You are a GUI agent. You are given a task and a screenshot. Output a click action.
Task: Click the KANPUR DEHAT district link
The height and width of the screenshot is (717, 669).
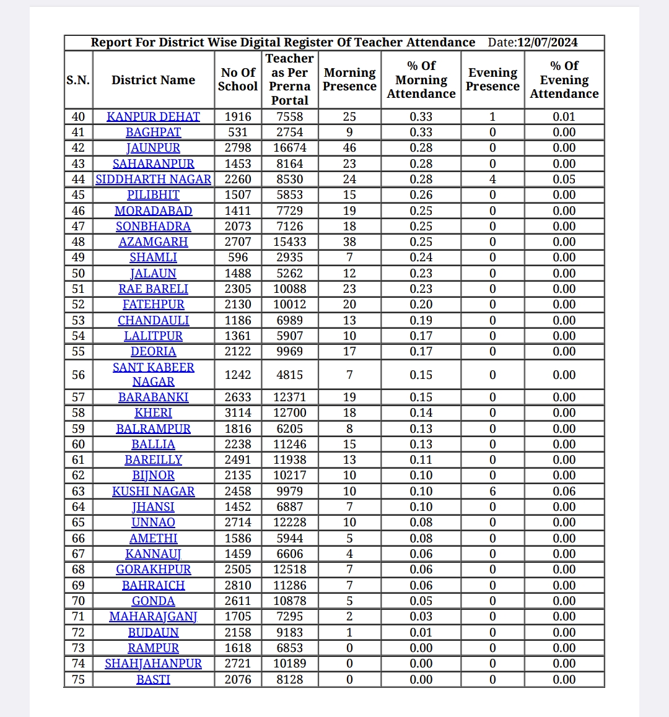point(153,116)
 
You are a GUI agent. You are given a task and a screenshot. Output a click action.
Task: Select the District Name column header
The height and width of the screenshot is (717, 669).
point(153,80)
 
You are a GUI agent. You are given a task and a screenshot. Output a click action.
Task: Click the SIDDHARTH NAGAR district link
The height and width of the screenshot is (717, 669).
point(153,179)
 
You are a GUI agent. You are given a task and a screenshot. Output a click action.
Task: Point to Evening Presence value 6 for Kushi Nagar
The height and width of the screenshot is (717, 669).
point(492,491)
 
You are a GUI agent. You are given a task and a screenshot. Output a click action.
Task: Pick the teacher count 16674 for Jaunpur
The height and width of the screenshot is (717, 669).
point(289,148)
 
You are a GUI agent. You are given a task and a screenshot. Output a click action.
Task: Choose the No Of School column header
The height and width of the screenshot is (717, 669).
point(238,80)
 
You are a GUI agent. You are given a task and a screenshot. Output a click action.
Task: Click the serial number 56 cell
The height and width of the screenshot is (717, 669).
point(78,375)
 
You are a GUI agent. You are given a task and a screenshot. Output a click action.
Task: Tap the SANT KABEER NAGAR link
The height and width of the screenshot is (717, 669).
point(153,375)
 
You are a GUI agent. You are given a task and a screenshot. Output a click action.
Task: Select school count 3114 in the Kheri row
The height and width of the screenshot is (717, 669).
point(238,413)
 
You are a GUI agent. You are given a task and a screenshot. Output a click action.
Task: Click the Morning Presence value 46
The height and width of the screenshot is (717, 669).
point(349,148)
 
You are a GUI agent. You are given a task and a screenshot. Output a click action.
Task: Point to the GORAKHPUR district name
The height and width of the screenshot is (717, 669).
point(153,570)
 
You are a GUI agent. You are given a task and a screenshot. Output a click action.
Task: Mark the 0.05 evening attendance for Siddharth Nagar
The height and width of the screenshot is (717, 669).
point(564,179)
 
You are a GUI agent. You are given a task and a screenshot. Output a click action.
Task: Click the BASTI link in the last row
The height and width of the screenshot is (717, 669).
point(153,679)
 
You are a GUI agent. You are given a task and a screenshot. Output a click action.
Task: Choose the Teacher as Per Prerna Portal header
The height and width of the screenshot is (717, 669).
point(289,79)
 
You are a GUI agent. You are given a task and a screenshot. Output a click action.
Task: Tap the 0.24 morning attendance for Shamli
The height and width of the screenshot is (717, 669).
point(421,258)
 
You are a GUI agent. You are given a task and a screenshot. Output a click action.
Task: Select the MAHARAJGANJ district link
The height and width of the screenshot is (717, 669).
point(153,617)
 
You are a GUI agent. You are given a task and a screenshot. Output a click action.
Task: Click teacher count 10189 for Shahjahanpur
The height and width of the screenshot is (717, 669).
point(289,664)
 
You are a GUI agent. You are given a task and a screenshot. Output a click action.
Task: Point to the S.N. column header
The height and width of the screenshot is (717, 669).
point(78,80)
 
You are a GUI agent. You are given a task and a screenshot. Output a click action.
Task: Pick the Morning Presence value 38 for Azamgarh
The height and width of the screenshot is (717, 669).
point(349,242)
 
